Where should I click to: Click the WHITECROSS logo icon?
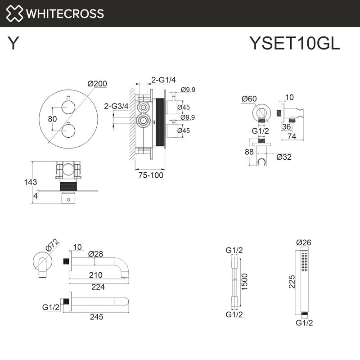tap(14, 13)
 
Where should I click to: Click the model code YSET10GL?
tap(294, 44)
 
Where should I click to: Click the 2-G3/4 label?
tap(117, 106)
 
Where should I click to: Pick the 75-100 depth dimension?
tap(150, 175)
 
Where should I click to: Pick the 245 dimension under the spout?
tap(96, 317)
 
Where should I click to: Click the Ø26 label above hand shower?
tap(304, 242)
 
